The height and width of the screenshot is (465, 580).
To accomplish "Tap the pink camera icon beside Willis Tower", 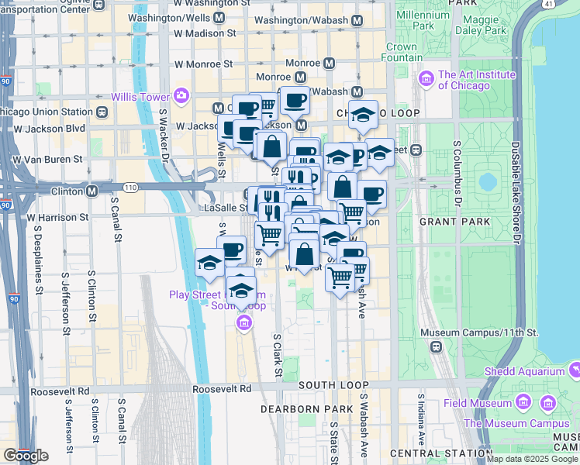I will [181, 96].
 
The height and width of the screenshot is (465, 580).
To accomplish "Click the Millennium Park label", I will [422, 20].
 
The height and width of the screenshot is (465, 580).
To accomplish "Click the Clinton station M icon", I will [91, 190].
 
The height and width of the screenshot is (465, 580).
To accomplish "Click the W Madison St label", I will [205, 33].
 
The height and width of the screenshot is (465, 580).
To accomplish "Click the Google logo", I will [26, 456].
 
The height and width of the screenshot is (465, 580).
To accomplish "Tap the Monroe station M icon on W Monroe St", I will [329, 63].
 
